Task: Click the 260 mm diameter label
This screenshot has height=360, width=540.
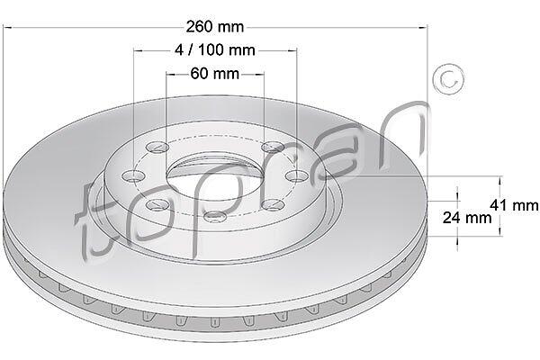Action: [x=215, y=27]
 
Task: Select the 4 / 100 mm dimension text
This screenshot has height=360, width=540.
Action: [x=215, y=50]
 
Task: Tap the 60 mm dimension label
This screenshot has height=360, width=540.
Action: [x=215, y=74]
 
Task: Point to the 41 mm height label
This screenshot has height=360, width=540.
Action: [x=514, y=205]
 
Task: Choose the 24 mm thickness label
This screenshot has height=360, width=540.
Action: [x=467, y=218]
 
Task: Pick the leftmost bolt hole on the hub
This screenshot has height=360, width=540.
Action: [x=132, y=176]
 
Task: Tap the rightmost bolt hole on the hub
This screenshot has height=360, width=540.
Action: [x=297, y=176]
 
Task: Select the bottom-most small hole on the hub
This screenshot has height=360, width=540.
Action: [x=215, y=217]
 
